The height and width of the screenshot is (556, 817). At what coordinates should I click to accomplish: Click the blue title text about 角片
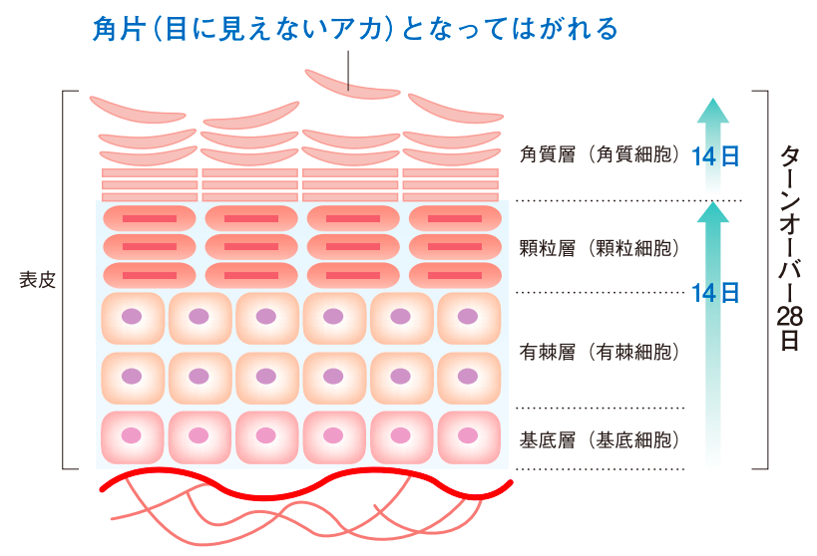353,27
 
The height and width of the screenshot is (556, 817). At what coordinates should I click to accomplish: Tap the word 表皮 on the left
37,280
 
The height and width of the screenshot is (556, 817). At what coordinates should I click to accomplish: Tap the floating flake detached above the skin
351,84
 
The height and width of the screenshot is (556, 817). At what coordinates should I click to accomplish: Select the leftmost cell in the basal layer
132,436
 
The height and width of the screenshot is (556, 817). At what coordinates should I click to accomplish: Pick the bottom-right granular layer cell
454,274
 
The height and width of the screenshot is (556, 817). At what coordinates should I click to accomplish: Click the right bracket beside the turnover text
764,280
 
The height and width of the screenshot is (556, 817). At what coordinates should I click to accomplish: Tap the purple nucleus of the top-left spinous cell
132,317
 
